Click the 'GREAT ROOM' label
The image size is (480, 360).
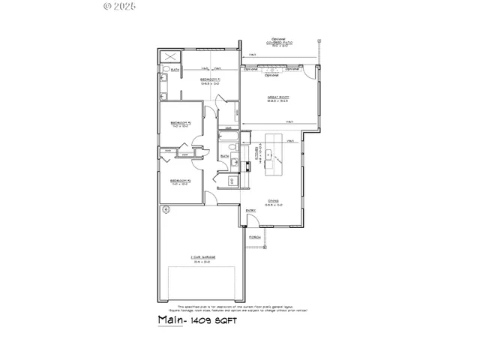pos(278,97)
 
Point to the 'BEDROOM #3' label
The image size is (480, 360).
pos(181,181)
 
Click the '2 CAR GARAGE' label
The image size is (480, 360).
pos(202,257)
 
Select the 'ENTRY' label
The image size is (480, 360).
pos(251,211)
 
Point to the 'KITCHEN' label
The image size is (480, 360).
pos(258,154)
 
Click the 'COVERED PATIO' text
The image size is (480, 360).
pos(280,41)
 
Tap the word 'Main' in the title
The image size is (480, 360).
pos(171,319)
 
